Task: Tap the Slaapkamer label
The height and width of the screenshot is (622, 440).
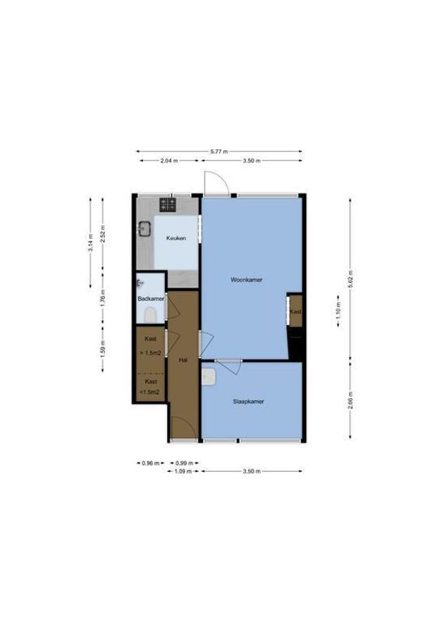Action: (249, 402)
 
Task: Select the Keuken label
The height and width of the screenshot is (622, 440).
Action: (175, 238)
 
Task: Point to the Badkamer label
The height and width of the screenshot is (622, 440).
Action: (150, 298)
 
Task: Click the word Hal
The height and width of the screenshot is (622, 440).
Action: (183, 360)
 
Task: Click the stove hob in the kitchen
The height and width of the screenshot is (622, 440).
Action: (168, 205)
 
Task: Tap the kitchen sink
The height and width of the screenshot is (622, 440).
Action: (144, 229)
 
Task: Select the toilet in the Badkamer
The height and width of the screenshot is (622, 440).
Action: (150, 313)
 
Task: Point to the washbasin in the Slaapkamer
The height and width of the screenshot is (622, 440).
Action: (208, 376)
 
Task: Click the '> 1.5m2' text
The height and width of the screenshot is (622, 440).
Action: (151, 353)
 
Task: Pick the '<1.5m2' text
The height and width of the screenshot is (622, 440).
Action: (150, 392)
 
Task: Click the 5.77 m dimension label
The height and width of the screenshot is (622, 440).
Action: (219, 152)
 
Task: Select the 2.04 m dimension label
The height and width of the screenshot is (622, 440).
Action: (169, 161)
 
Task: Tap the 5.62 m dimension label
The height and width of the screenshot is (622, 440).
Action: (351, 284)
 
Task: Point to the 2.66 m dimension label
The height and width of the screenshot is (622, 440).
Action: (351, 402)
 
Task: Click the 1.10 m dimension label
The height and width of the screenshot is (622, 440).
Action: (337, 315)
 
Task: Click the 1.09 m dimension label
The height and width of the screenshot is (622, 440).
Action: (183, 471)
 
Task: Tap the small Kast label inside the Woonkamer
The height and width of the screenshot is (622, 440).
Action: (295, 312)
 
